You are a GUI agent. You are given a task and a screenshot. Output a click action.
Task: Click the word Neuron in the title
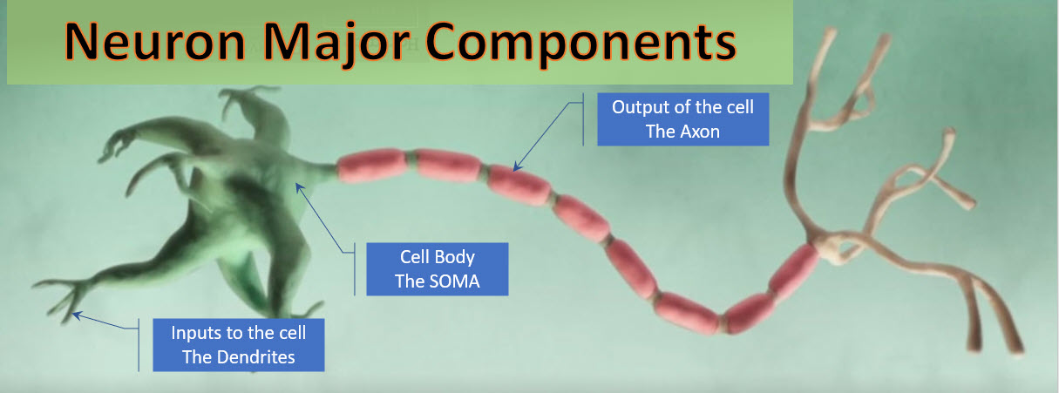coord(154,42)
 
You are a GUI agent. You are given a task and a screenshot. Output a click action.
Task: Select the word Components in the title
coord(581,45)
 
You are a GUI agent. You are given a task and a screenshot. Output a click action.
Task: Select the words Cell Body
coord(438,257)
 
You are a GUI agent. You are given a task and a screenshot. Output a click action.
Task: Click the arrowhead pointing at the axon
coord(517,166)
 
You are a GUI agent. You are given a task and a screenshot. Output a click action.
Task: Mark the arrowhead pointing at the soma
coord(299,187)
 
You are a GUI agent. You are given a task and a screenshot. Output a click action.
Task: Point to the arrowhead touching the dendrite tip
coord(77,315)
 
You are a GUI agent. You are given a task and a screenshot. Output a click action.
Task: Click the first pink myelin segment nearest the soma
coord(372,166)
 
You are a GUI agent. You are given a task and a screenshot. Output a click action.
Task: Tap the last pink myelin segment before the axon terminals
coord(794,273)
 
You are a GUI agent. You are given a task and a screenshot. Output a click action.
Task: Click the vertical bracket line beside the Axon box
coord(583,119)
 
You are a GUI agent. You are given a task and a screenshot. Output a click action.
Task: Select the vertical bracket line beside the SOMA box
coord(355,269)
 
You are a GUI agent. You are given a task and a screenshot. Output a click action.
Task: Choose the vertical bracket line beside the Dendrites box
coord(139,345)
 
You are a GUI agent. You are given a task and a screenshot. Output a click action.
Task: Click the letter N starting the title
coord(79,42)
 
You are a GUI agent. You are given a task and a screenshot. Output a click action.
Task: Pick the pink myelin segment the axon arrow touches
coord(519,185)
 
